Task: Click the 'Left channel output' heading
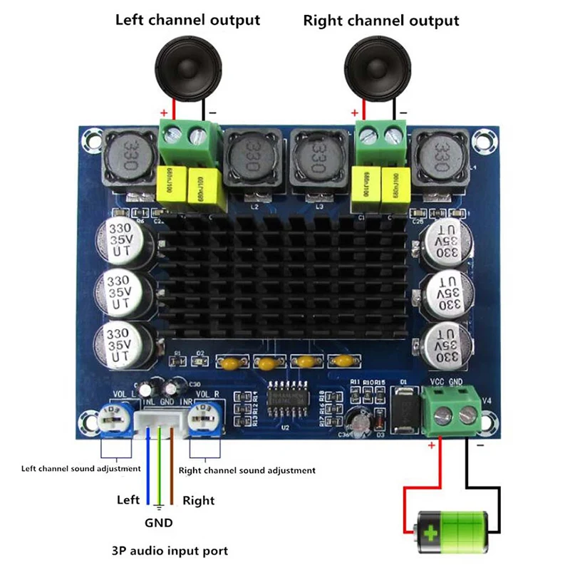pos(187,20)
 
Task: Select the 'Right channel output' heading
pos(381,20)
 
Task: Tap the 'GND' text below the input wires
pos(159,522)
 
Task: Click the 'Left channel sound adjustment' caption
pos(81,468)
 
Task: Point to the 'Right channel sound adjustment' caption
pos(247,470)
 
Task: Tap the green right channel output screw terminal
pos(381,139)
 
